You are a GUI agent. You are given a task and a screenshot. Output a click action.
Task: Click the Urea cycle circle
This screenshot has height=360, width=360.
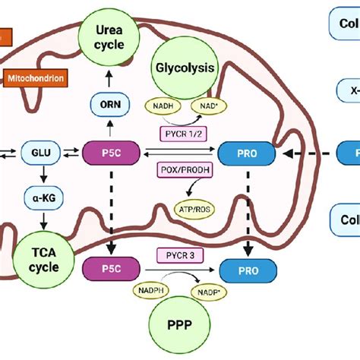109,38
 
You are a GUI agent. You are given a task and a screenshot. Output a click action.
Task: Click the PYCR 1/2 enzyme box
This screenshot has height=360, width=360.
183,135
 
